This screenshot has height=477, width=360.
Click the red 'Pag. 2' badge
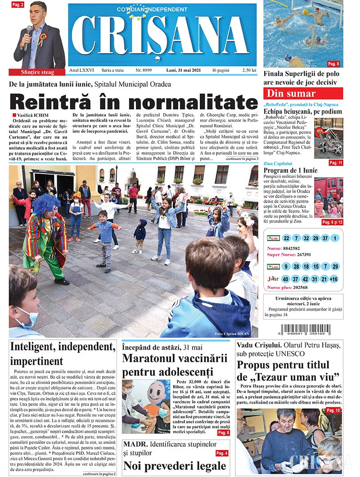(x=17, y=4)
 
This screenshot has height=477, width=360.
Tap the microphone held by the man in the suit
(x=28, y=31)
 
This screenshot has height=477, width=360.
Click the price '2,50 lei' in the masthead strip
(x=249, y=71)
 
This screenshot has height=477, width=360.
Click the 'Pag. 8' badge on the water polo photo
(x=333, y=64)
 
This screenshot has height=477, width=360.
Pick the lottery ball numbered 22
(x=287, y=238)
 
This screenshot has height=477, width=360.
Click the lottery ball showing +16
(x=333, y=279)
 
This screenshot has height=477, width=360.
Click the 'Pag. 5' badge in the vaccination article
(x=224, y=432)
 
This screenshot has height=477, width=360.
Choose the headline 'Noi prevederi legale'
(x=175, y=465)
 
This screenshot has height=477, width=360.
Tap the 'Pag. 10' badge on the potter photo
(x=333, y=410)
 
